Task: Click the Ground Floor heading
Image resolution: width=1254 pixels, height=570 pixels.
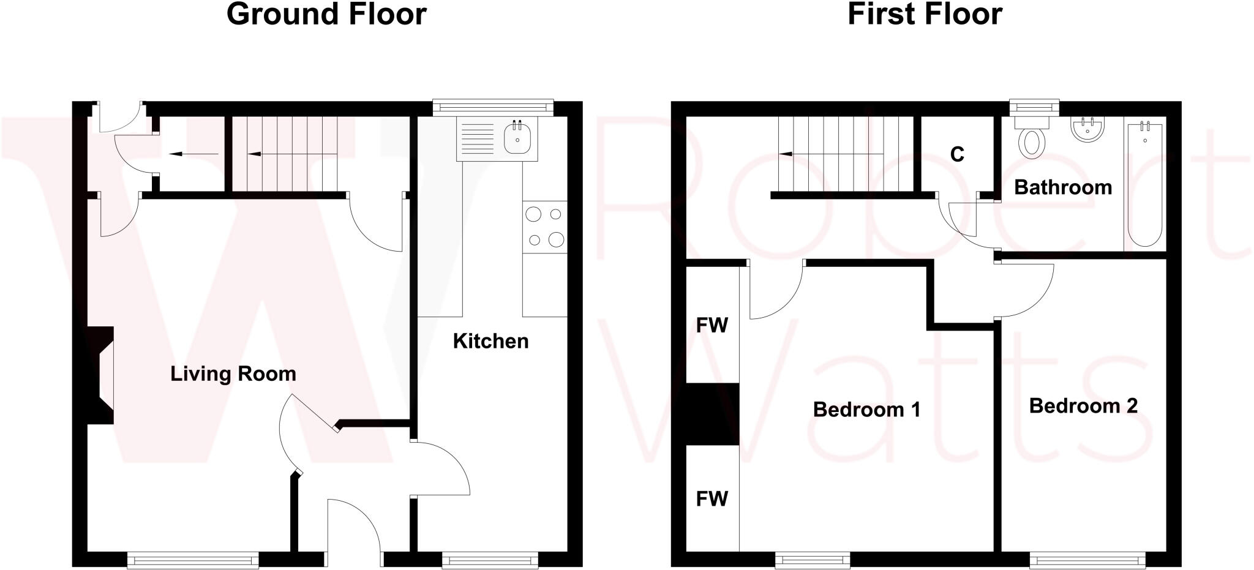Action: click(326, 14)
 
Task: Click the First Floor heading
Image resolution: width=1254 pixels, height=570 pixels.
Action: click(924, 14)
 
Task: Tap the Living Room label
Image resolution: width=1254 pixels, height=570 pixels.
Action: click(233, 373)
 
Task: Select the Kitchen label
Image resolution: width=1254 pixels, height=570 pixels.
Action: click(490, 341)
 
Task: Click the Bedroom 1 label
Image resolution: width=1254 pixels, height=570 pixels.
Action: click(866, 409)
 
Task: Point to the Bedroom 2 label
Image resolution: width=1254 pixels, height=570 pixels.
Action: click(1083, 405)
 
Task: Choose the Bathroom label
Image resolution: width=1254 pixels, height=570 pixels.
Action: click(1063, 187)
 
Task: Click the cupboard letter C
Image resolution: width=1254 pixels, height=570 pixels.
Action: click(957, 154)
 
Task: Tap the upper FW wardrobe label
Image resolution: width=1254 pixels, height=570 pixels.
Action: click(711, 325)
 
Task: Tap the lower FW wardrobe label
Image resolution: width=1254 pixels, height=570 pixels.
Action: click(711, 499)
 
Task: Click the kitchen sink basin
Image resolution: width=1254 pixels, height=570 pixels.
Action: click(517, 138)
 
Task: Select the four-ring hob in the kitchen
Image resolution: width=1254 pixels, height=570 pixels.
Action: click(544, 227)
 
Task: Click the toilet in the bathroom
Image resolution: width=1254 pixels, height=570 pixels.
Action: click(1032, 141)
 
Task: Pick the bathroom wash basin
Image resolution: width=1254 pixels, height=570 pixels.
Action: click(1087, 130)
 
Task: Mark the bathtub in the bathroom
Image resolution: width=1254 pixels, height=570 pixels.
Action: click(1144, 184)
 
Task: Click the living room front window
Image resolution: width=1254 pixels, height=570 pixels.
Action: click(193, 559)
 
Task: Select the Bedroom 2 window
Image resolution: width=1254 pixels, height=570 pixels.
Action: click(1087, 559)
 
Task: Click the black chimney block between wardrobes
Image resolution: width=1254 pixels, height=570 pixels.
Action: click(712, 414)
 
